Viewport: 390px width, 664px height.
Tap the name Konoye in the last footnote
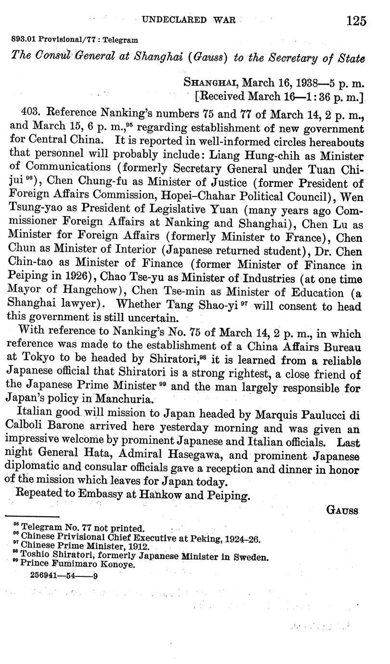118,564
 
